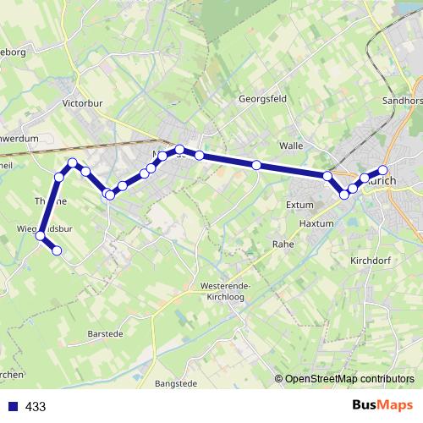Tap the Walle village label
[x=291, y=146]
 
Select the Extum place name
[x=299, y=205]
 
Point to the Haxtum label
[x=318, y=223]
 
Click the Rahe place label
[x=282, y=244]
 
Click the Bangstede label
[x=176, y=383]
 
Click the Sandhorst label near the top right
[x=403, y=98]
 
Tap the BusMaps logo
[x=382, y=406]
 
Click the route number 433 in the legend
[x=36, y=407]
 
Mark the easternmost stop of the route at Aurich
[x=382, y=171]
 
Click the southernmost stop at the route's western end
[x=57, y=250]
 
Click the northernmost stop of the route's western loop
[x=73, y=162]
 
